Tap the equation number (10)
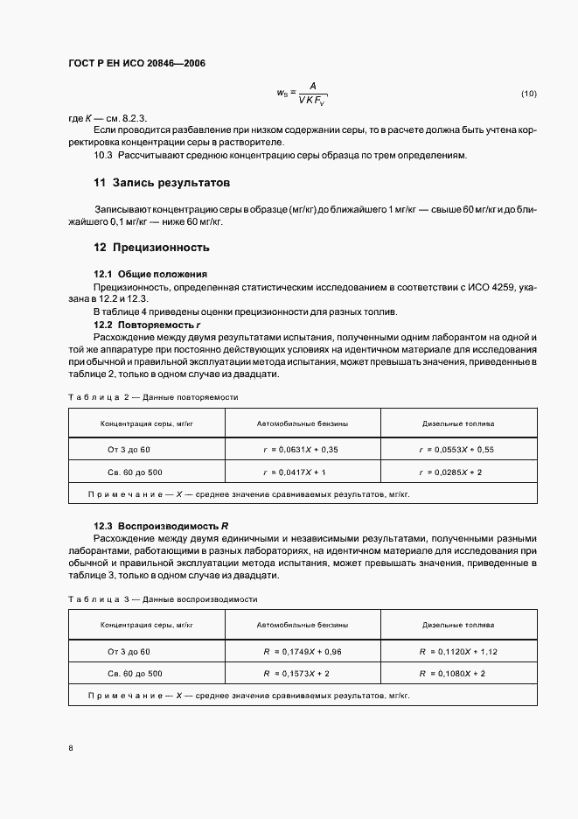(528, 93)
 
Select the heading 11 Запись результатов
(162, 184)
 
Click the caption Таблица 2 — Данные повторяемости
(153, 397)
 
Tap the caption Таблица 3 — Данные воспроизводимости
(162, 599)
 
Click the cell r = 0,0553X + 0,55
(456, 449)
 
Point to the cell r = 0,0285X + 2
(451, 472)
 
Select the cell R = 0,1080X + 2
(451, 674)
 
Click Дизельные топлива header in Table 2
(457, 423)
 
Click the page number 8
(71, 748)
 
